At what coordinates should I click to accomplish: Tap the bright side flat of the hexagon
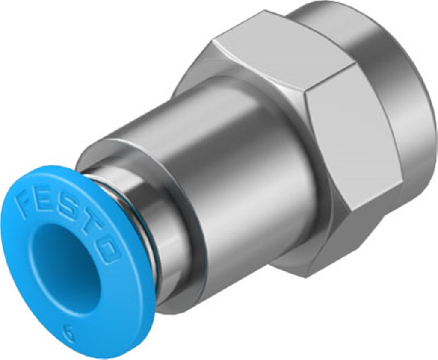tap(355, 141)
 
